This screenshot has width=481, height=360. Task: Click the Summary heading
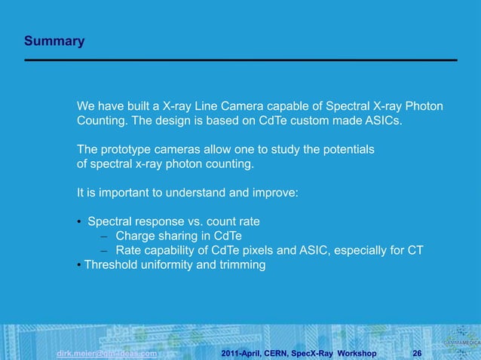click(x=54, y=41)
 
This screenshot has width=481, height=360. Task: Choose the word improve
click(x=277, y=193)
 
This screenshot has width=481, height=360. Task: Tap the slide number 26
click(x=417, y=352)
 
